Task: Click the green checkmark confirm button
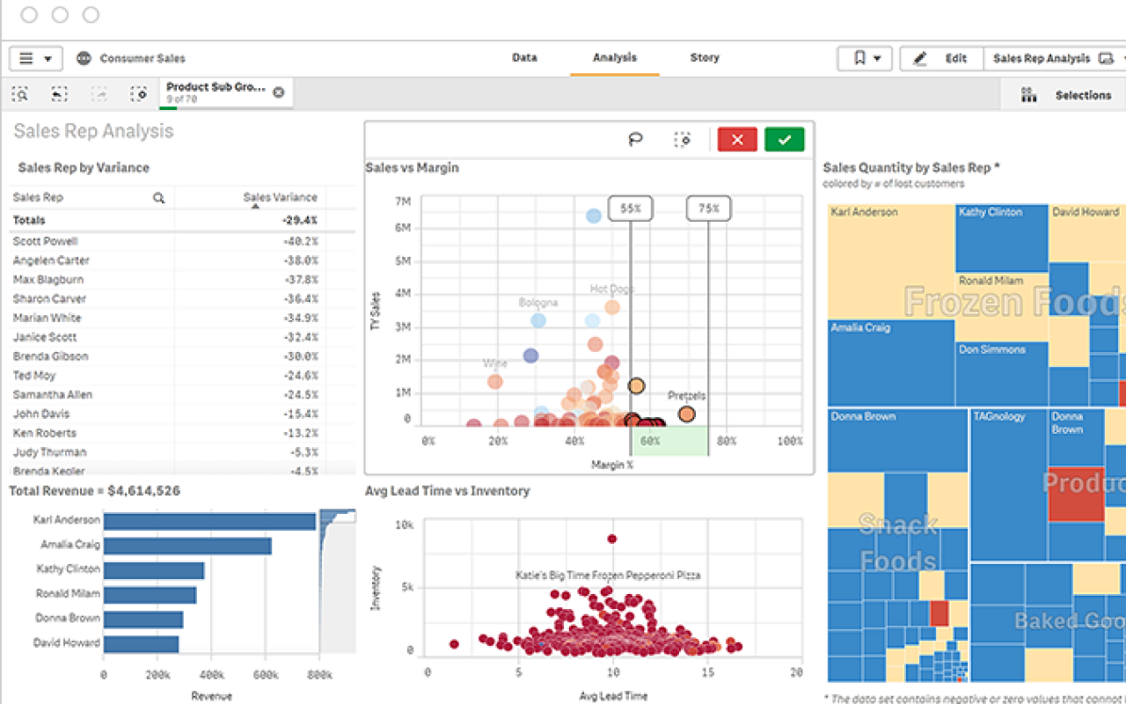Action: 784,139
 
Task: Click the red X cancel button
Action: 737,139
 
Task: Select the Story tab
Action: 705,57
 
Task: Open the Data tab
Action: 524,57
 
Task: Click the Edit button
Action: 942,58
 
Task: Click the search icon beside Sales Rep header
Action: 158,198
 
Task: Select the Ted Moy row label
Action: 34,376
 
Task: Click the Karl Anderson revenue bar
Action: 209,521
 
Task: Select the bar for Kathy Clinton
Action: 154,570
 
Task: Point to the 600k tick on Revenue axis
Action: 266,675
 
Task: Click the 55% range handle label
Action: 631,209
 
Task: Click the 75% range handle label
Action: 708,209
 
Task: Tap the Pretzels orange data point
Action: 686,414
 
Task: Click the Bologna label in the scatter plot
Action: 537,303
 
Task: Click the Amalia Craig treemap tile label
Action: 860,327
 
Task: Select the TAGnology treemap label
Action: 999,416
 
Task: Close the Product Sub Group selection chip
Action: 279,92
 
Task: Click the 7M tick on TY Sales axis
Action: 402,202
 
